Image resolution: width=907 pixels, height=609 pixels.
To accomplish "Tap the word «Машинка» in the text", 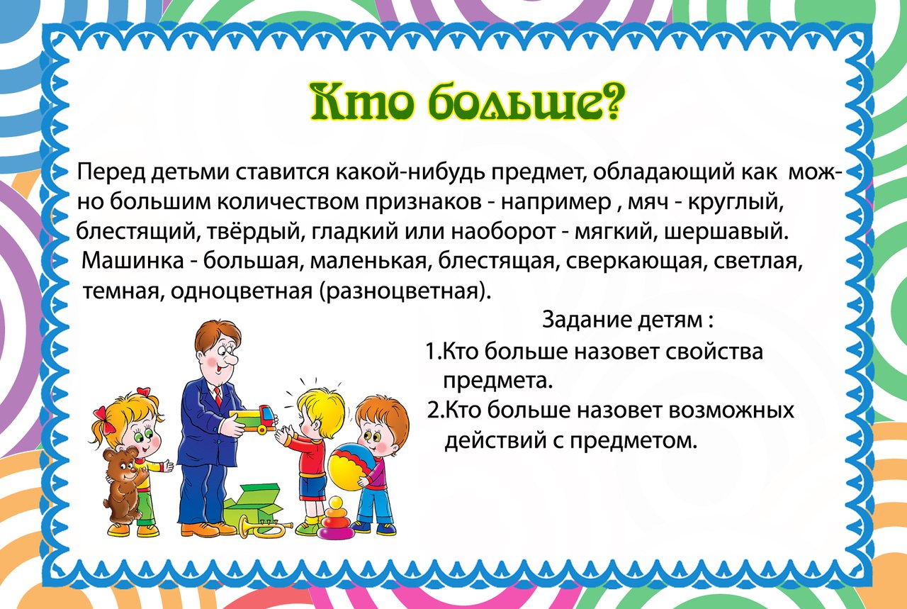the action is [x=133, y=262].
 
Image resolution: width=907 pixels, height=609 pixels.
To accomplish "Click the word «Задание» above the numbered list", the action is [x=587, y=320].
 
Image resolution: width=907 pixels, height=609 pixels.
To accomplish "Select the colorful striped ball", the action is [x=351, y=466].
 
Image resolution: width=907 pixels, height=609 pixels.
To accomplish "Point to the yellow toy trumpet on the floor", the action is [x=265, y=527].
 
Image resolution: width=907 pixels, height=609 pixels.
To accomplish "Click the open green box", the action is [x=254, y=505].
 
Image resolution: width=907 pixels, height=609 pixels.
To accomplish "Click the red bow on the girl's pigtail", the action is [x=102, y=421].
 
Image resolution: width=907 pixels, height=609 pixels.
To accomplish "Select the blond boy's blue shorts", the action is [x=312, y=488].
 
